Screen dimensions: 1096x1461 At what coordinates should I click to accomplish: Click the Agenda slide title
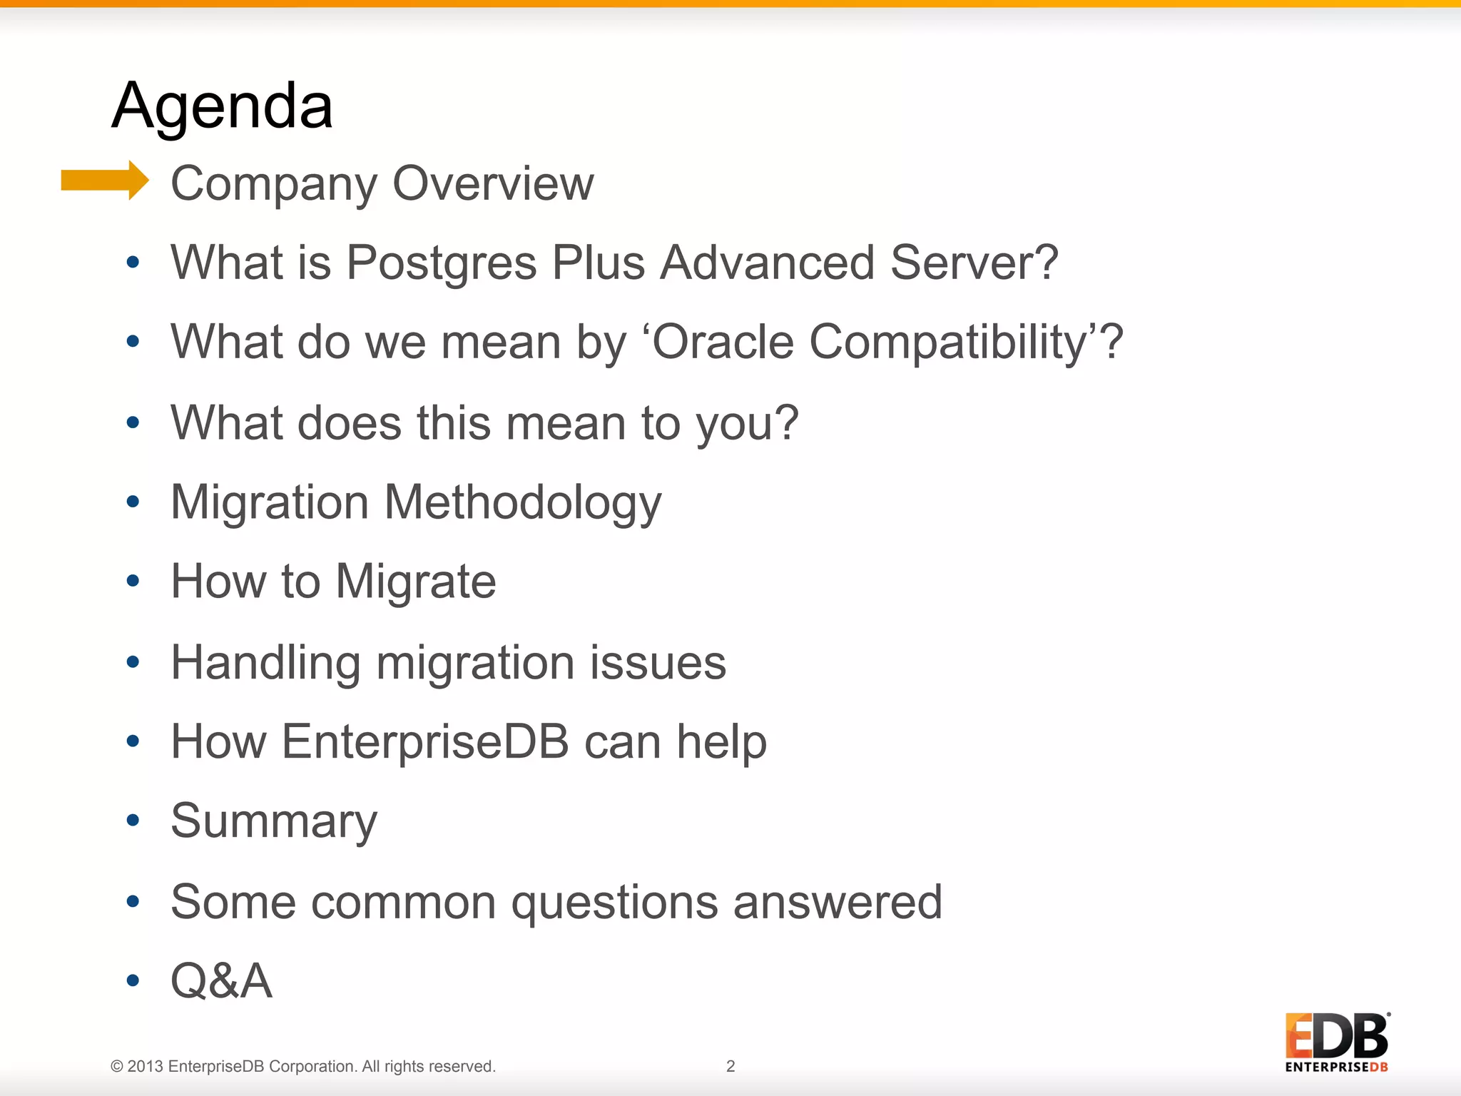coord(222,106)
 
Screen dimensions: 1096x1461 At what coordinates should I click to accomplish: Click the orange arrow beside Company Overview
coord(105,180)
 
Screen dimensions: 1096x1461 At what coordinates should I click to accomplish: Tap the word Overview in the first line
coord(493,183)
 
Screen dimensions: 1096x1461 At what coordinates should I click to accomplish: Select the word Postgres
coord(441,263)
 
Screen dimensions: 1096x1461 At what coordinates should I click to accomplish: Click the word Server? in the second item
coord(974,263)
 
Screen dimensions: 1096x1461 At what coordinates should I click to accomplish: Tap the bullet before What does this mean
coord(133,422)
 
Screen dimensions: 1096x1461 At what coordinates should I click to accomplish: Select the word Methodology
coord(523,503)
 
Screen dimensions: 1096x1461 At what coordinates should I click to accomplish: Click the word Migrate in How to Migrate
coord(415,582)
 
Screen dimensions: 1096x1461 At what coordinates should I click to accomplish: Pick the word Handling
coord(265,664)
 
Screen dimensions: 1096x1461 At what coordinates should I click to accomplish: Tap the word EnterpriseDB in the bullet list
coord(425,742)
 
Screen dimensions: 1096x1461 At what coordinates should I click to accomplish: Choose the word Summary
coord(274,822)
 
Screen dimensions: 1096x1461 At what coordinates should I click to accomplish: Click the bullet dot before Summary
coord(133,821)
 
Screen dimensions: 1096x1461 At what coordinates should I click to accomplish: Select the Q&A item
coord(221,981)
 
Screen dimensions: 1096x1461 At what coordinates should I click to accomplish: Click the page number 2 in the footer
coord(730,1066)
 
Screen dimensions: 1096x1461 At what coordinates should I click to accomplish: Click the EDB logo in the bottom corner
coord(1336,1042)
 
